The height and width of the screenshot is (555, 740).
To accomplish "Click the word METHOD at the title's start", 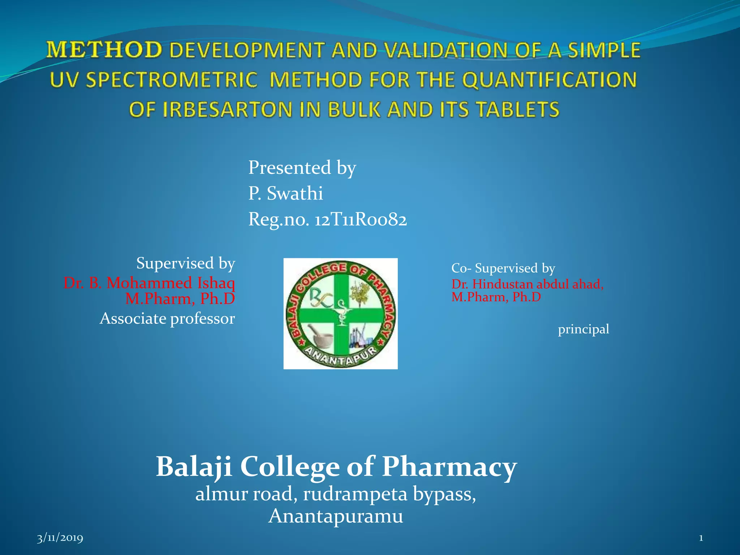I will pos(104,50).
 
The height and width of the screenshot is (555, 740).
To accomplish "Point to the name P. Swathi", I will pos(285,193).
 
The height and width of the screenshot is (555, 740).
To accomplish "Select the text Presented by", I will pos(302,168).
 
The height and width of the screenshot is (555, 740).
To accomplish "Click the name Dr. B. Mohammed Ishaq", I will pos(149,283).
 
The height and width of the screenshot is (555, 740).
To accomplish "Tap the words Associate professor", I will pos(167,319).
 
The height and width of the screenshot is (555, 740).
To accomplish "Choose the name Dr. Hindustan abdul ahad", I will pos(527,284).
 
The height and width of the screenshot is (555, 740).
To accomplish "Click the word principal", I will pos(583,329).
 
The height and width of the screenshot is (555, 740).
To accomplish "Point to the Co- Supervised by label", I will pos(503,268).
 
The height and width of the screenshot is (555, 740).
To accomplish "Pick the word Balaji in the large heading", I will pos(194,467).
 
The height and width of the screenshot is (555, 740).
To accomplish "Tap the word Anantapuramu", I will pos(336,516).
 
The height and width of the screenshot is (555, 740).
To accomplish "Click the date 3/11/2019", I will pos(60,538).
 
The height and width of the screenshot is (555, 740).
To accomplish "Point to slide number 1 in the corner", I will pos(701,538).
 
